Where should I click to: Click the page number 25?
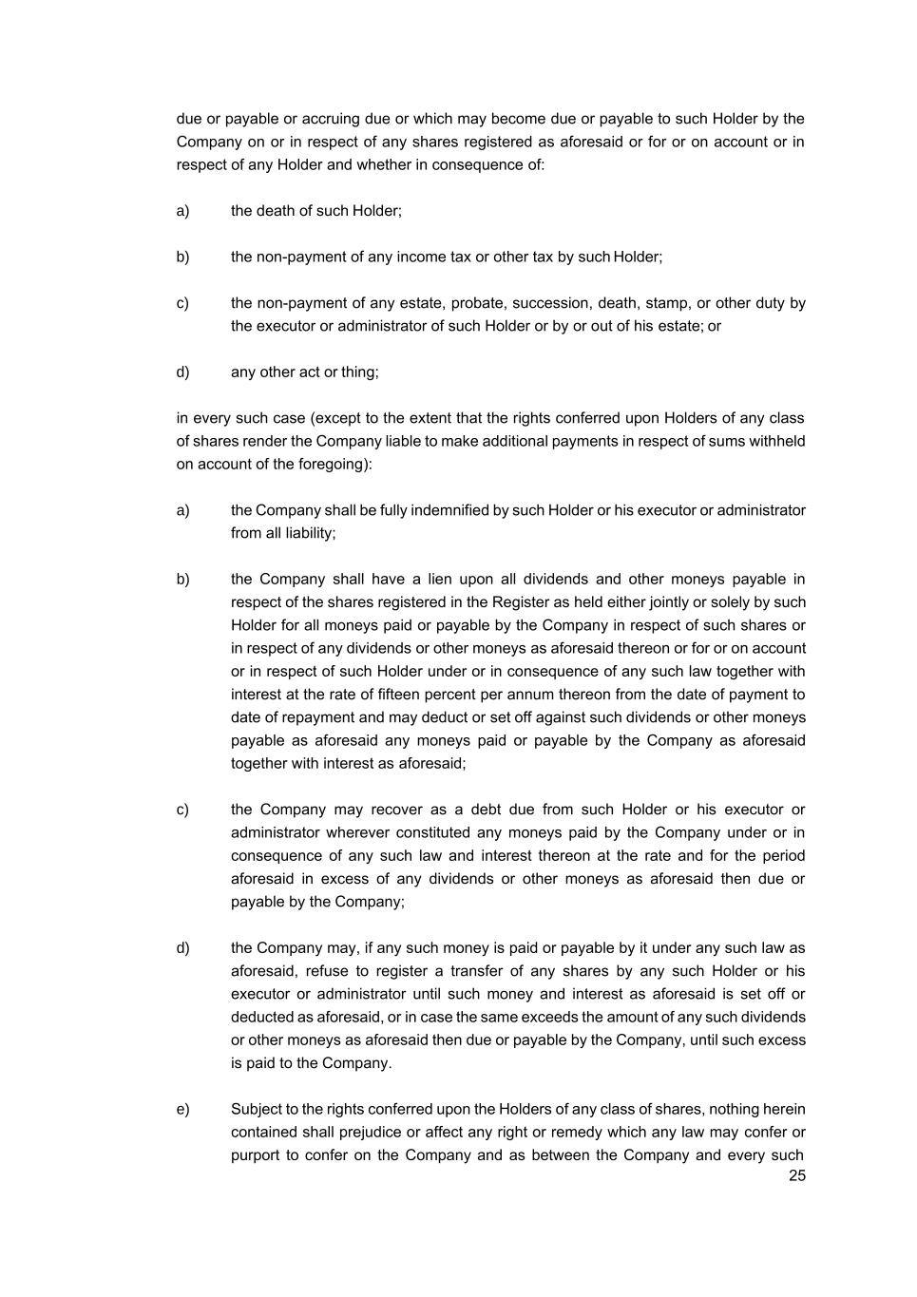click(x=796, y=1175)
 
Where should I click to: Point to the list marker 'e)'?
click(x=182, y=1110)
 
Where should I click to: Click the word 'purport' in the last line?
click(x=254, y=1155)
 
